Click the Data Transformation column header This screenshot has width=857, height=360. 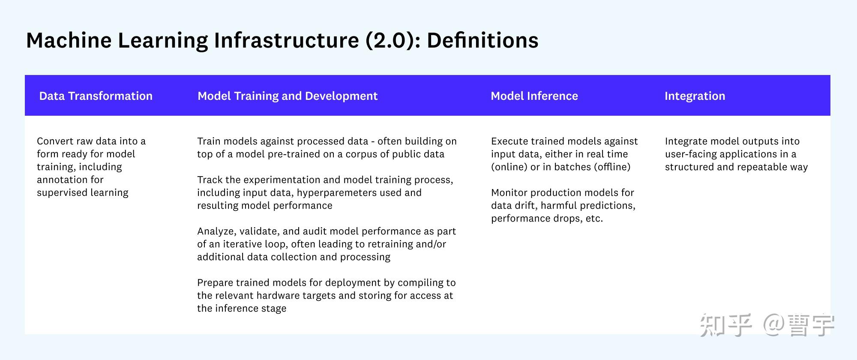pos(96,96)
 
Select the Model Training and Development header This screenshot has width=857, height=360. pos(288,96)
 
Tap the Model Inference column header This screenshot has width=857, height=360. pos(534,96)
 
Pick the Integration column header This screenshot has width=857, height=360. pos(695,96)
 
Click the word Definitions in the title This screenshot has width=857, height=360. pos(482,40)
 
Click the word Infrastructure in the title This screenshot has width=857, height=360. pos(287,40)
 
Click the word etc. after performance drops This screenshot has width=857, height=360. pos(594,219)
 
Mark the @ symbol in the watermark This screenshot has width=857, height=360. pos(774,324)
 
